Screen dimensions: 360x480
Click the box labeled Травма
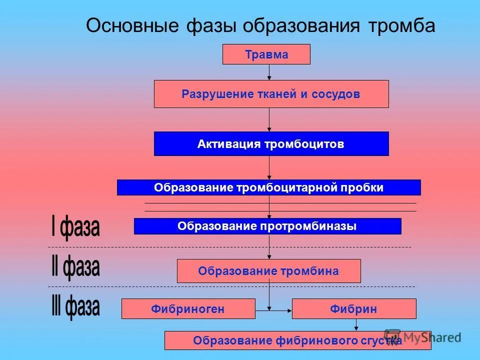click(266, 54)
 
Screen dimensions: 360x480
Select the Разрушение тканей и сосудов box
click(271, 94)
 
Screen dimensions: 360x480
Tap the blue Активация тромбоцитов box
click(271, 144)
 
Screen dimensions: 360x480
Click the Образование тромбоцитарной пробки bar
click(268, 187)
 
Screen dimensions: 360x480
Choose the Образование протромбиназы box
click(267, 226)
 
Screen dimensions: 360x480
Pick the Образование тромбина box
click(268, 271)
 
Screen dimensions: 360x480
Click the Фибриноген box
click(188, 309)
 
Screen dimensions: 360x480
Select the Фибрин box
click(353, 309)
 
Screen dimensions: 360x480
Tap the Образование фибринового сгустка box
click(297, 340)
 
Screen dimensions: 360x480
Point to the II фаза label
click(75, 268)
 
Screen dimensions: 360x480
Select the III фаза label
click(75, 306)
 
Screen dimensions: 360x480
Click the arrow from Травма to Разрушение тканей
click(269, 72)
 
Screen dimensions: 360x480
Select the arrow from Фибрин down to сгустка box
click(356, 325)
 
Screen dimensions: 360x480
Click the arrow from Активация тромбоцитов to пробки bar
click(269, 167)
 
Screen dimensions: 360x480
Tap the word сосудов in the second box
click(336, 94)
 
